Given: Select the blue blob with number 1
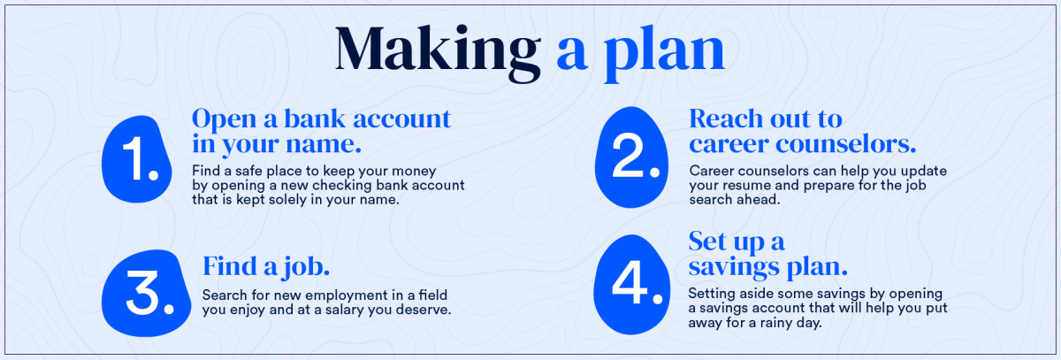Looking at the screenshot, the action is (x=136, y=159).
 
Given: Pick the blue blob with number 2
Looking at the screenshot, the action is (x=631, y=157).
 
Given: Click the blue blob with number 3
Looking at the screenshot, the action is (x=146, y=293).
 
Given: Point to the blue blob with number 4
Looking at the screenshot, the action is (x=632, y=285).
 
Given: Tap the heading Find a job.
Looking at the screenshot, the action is (x=266, y=267).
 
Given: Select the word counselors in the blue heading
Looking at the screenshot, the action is (x=845, y=144).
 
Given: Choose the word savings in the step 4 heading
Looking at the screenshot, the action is (x=733, y=267).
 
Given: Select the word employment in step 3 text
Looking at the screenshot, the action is (x=347, y=296).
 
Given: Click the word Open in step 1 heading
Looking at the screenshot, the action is (x=224, y=119).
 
